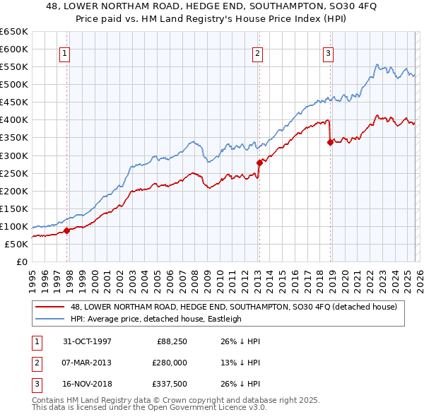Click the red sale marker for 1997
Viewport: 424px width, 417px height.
click(x=67, y=230)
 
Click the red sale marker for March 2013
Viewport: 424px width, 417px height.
click(x=259, y=163)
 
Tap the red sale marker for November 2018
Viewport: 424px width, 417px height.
click(x=330, y=142)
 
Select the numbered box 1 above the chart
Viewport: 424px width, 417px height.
click(x=64, y=52)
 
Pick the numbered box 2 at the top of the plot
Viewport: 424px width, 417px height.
click(x=257, y=52)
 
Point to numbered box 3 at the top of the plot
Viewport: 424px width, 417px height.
click(x=329, y=52)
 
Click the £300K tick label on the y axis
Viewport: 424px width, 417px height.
click(x=13, y=155)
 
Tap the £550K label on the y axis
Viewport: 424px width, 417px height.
click(x=13, y=67)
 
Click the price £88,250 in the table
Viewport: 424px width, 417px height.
click(x=171, y=341)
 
